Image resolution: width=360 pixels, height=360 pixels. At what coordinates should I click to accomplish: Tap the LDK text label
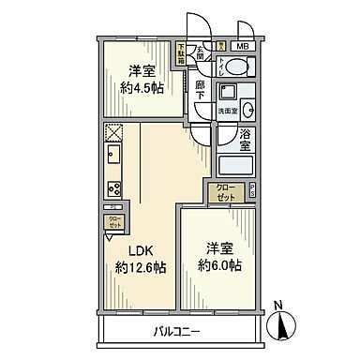pyautogui.click(x=128, y=251)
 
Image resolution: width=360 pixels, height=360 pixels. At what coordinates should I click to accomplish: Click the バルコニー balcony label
pyautogui.click(x=179, y=331)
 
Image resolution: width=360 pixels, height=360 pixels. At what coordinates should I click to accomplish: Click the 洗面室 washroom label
pyautogui.click(x=229, y=111)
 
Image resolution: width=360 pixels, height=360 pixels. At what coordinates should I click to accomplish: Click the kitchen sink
pyautogui.click(x=114, y=155)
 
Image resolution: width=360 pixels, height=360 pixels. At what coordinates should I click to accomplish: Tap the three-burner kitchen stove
pyautogui.click(x=114, y=185)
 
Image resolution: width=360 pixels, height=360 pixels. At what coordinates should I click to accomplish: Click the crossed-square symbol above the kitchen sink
pyautogui.click(x=114, y=132)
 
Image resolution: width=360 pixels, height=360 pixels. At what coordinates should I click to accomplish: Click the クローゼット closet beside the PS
pyautogui.click(x=226, y=194)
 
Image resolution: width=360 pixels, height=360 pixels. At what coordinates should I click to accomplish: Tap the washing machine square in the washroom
pyautogui.click(x=227, y=92)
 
